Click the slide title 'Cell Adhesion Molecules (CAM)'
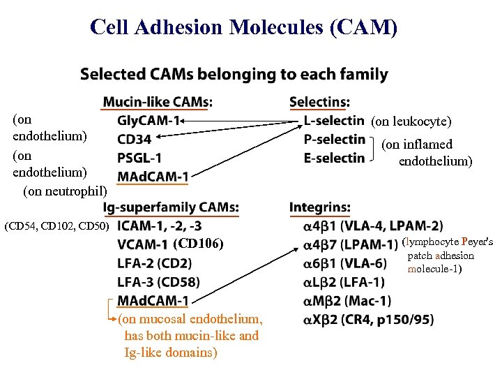[244, 27]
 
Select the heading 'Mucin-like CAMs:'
[158, 102]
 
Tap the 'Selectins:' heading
[319, 102]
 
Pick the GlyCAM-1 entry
[149, 121]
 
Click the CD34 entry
[135, 139]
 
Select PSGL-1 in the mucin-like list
[139, 158]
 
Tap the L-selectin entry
[334, 121]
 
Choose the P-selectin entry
[334, 139]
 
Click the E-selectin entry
[334, 158]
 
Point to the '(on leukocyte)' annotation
[411, 121]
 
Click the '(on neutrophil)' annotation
[66, 190]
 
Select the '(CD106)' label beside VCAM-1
[198, 244]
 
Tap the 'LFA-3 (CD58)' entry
[158, 282]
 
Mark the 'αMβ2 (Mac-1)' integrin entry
[347, 301]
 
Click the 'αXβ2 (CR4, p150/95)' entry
[368, 320]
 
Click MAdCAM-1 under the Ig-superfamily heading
[153, 301]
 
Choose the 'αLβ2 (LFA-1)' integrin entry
[344, 282]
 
